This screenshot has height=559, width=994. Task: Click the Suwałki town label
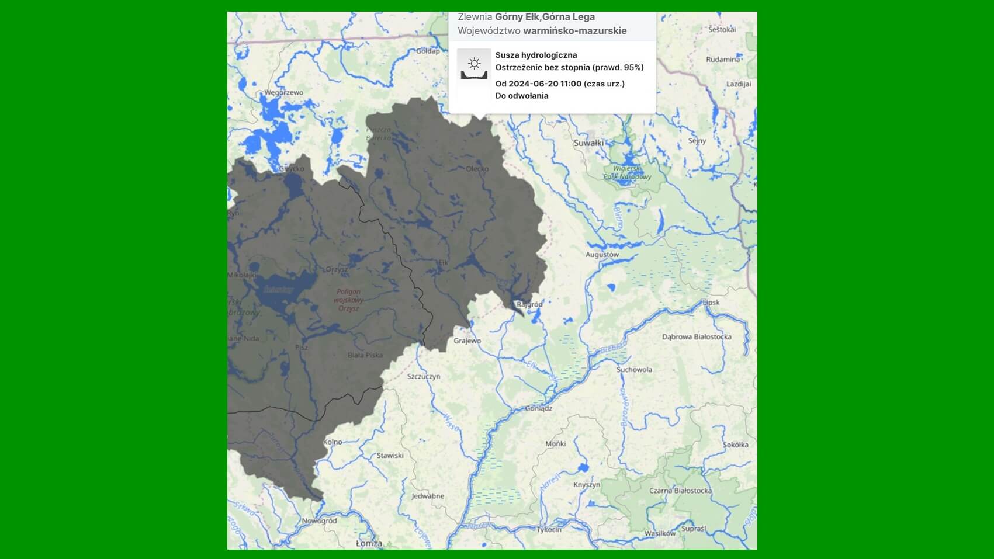click(588, 143)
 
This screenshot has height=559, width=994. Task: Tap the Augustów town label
click(602, 255)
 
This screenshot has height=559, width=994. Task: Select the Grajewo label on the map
click(467, 341)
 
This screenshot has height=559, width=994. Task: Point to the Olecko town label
click(477, 169)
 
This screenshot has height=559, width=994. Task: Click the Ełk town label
click(444, 263)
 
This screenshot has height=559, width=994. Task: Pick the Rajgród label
click(529, 304)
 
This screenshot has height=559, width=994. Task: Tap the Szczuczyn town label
click(424, 376)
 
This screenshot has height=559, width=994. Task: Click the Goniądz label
click(539, 408)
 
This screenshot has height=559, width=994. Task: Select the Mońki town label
click(555, 443)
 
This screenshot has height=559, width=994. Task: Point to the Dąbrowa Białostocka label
click(697, 336)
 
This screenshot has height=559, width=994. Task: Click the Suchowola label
click(634, 369)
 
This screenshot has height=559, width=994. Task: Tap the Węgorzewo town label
click(284, 92)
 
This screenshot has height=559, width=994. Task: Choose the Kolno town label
click(333, 442)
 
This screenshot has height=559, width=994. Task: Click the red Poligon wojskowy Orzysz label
click(348, 300)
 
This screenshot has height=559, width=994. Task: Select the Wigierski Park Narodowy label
click(628, 172)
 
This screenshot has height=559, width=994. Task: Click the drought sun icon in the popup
click(474, 64)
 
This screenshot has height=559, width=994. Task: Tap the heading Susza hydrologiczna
click(536, 55)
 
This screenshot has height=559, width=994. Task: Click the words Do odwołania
click(522, 96)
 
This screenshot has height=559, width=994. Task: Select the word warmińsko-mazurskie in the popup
click(574, 30)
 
